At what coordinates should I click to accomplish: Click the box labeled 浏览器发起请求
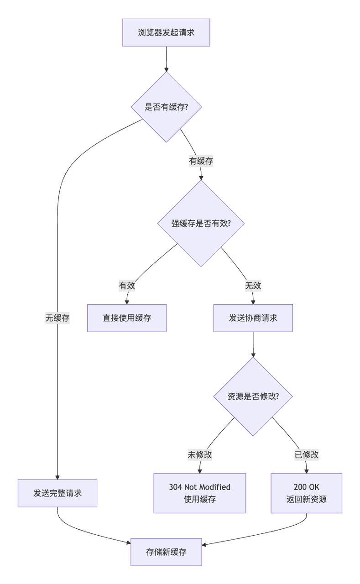[166, 32]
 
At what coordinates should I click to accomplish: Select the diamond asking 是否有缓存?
[166, 107]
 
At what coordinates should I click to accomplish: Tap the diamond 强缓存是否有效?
[201, 224]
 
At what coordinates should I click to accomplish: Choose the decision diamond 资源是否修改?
[253, 396]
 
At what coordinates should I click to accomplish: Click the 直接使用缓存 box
[127, 318]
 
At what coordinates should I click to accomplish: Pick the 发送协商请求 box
[253, 318]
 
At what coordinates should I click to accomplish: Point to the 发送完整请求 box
[57, 493]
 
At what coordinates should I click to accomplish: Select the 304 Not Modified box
[199, 493]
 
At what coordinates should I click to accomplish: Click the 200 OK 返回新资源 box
[306, 493]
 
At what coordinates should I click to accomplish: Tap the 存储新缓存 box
[166, 552]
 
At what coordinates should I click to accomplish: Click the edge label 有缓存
[201, 161]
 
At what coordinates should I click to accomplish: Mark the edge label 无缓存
[57, 318]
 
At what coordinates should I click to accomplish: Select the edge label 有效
[127, 286]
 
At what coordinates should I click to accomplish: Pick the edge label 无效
[253, 286]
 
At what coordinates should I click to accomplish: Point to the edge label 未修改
[199, 454]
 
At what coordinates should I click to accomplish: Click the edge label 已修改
[306, 454]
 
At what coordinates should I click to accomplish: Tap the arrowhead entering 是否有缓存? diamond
[166, 69]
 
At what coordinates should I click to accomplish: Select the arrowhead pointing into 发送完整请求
[57, 477]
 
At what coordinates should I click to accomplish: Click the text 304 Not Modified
[199, 487]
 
